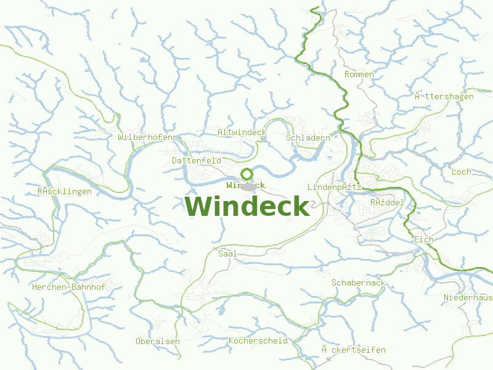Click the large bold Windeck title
click(x=246, y=206)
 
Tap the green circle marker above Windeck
click(x=246, y=174)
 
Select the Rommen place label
click(x=359, y=75)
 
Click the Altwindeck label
click(x=242, y=133)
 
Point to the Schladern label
click(x=308, y=138)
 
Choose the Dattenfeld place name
click(x=197, y=160)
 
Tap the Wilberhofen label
click(x=145, y=137)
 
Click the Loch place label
click(x=461, y=171)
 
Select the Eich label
click(x=424, y=239)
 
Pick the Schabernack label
click(x=358, y=283)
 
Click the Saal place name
click(x=227, y=253)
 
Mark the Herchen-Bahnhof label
click(x=68, y=287)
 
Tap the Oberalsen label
click(x=158, y=341)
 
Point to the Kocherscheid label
click(x=258, y=340)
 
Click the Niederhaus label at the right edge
click(x=468, y=298)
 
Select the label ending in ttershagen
click(x=444, y=97)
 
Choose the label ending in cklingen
click(x=64, y=192)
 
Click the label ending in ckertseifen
click(x=353, y=350)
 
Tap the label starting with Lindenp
click(x=333, y=187)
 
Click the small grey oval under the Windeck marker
click(x=248, y=186)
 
